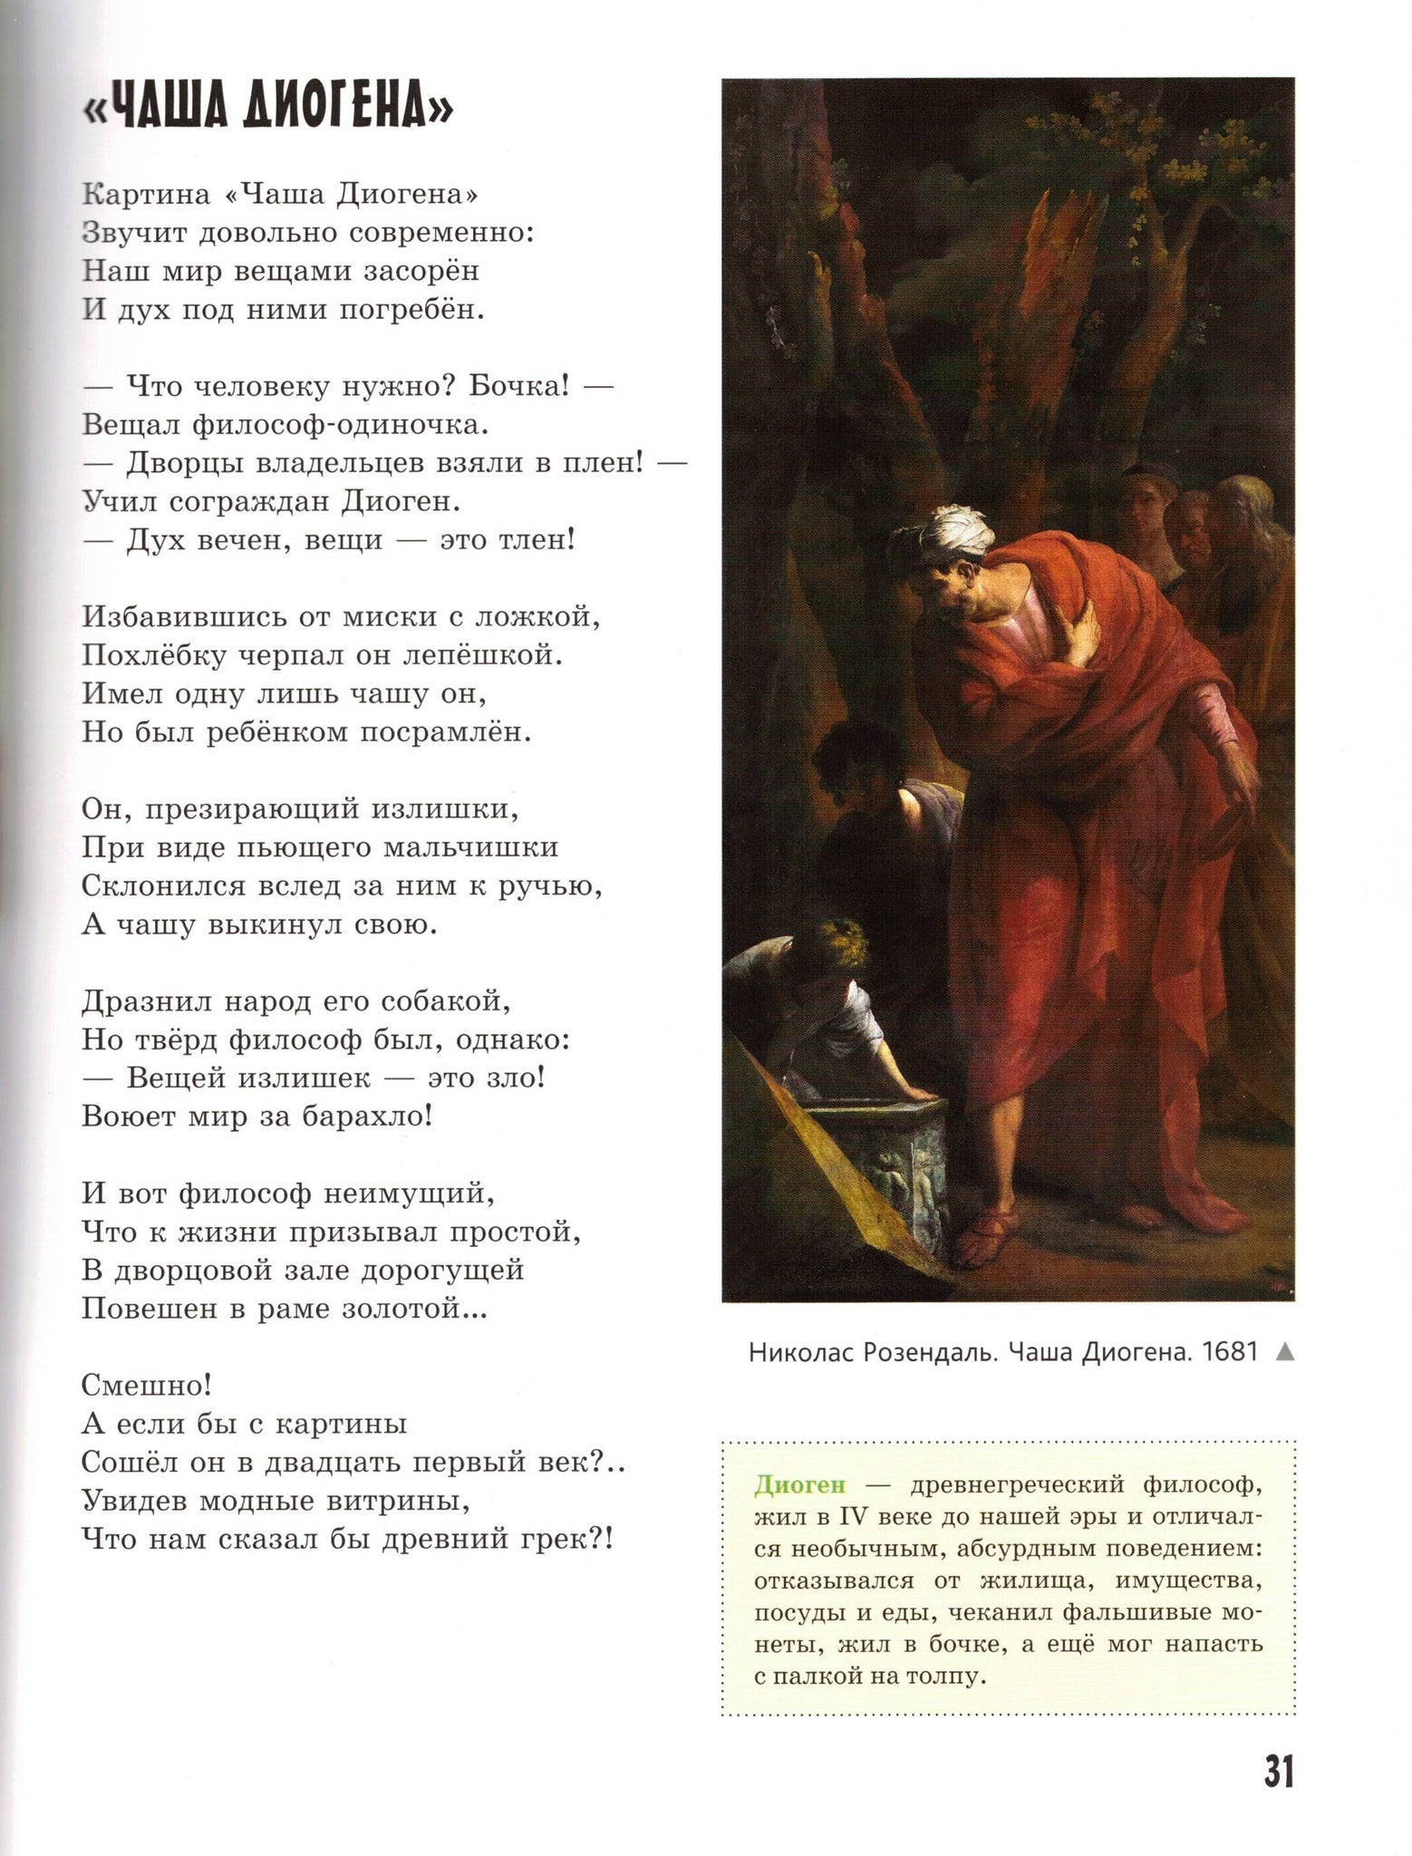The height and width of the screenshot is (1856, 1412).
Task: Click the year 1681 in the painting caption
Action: tap(1229, 1351)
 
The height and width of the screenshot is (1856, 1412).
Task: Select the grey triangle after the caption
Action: tap(1283, 1352)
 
